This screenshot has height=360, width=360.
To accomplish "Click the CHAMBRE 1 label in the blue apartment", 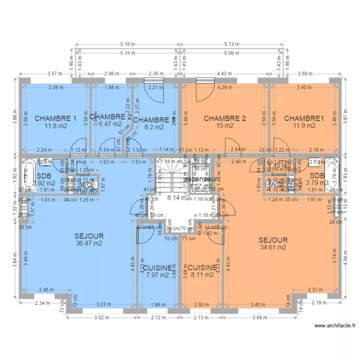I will point(55,119).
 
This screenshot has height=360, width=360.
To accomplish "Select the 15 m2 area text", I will point(225,126).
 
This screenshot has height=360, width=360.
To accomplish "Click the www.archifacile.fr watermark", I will point(335,325).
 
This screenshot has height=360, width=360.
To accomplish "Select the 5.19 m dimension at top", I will point(128,44).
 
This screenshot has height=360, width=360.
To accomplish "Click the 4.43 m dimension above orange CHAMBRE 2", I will point(225,74).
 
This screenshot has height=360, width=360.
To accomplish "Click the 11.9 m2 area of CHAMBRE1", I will point(305,126).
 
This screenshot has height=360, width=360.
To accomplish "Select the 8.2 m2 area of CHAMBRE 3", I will point(154,128).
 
